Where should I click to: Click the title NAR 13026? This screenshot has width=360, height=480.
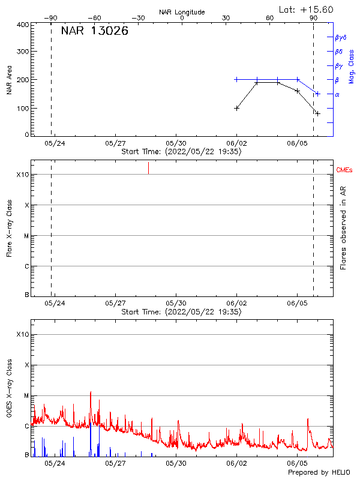(x=94, y=31)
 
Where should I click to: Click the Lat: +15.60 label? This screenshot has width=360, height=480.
(x=307, y=10)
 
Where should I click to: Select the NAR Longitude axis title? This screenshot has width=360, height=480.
(x=182, y=12)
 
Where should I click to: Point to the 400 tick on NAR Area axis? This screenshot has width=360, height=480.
(x=23, y=25)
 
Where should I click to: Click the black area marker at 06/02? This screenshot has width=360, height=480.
(x=237, y=108)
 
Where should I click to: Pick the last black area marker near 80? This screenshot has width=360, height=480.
(x=317, y=113)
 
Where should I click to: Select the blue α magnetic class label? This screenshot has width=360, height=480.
(x=337, y=94)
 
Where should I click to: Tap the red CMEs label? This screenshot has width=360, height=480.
(x=345, y=171)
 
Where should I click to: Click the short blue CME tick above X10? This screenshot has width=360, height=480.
(x=148, y=168)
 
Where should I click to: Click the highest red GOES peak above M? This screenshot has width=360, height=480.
(x=91, y=392)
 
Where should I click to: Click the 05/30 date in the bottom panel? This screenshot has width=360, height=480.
(x=176, y=464)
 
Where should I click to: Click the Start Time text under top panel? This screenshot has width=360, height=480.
(x=181, y=152)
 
